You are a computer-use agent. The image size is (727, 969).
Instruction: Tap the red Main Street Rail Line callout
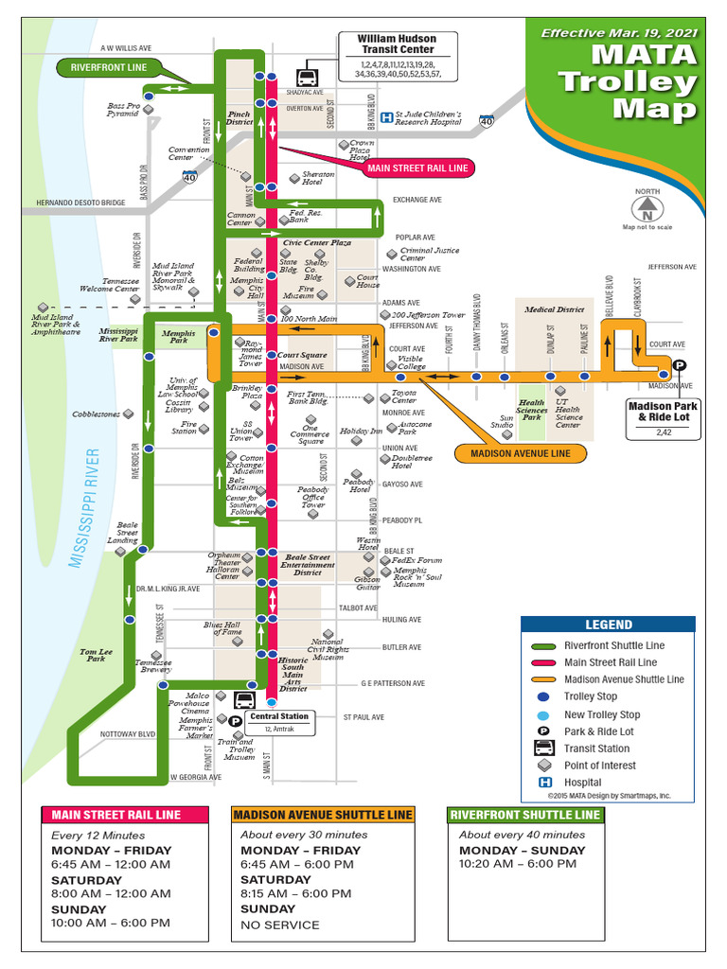point(417,168)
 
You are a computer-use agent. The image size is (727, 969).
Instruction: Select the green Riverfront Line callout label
point(109,67)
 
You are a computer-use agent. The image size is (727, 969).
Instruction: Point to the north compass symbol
point(647,205)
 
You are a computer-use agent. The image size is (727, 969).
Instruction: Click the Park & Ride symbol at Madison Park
point(679,367)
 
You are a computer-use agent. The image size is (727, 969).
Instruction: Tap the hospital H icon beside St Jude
point(386,118)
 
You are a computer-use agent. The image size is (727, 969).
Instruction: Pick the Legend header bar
point(608,625)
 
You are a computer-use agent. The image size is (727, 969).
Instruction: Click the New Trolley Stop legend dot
point(544,714)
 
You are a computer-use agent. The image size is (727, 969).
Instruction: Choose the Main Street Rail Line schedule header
point(124,815)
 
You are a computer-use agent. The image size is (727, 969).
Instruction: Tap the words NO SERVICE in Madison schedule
point(280,925)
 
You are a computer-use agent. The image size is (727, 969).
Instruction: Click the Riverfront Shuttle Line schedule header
point(525,815)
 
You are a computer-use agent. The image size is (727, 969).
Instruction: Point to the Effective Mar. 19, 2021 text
point(619,33)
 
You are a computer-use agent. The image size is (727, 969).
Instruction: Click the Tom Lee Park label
point(96,655)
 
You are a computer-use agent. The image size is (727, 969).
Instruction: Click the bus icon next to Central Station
point(244,700)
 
